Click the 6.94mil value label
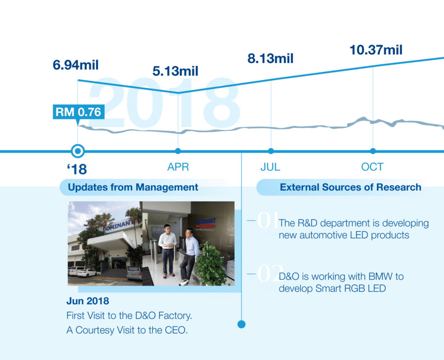75,65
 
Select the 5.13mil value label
175,71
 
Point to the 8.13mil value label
271,58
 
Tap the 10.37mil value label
376,50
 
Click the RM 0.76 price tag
78,112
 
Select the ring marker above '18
78,151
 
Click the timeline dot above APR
178,151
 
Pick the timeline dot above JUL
271,151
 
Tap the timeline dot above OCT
373,151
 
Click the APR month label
178,167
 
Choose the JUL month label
271,167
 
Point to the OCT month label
372,167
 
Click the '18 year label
77,169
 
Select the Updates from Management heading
133,187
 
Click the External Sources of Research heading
350,187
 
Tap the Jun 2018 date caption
88,301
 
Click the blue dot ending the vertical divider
242,324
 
